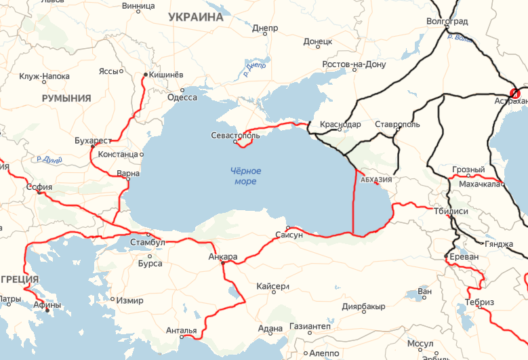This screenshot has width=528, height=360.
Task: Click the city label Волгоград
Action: click(447, 21)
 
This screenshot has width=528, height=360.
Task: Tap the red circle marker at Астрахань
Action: click(515, 93)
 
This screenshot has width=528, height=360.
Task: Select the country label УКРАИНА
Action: click(196, 17)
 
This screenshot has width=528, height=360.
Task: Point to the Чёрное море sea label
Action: click(245, 176)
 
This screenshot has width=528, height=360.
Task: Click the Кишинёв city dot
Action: click(146, 75)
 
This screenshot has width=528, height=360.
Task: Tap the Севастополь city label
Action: click(235, 135)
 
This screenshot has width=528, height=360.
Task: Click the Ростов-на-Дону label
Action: click(354, 64)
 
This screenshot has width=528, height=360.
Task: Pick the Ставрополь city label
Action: click(398, 125)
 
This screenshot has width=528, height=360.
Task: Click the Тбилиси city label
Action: click(451, 211)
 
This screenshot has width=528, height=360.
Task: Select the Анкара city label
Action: click(223, 257)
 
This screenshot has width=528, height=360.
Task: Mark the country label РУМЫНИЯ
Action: click(66, 98)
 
